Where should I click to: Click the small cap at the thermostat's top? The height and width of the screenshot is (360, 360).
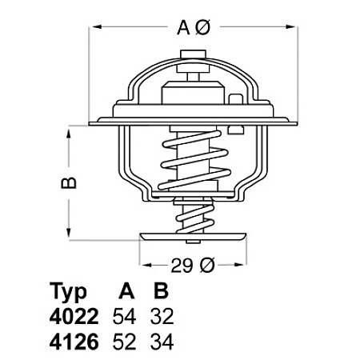coord(191,58)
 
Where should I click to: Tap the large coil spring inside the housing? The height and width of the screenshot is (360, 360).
coord(191,160)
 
